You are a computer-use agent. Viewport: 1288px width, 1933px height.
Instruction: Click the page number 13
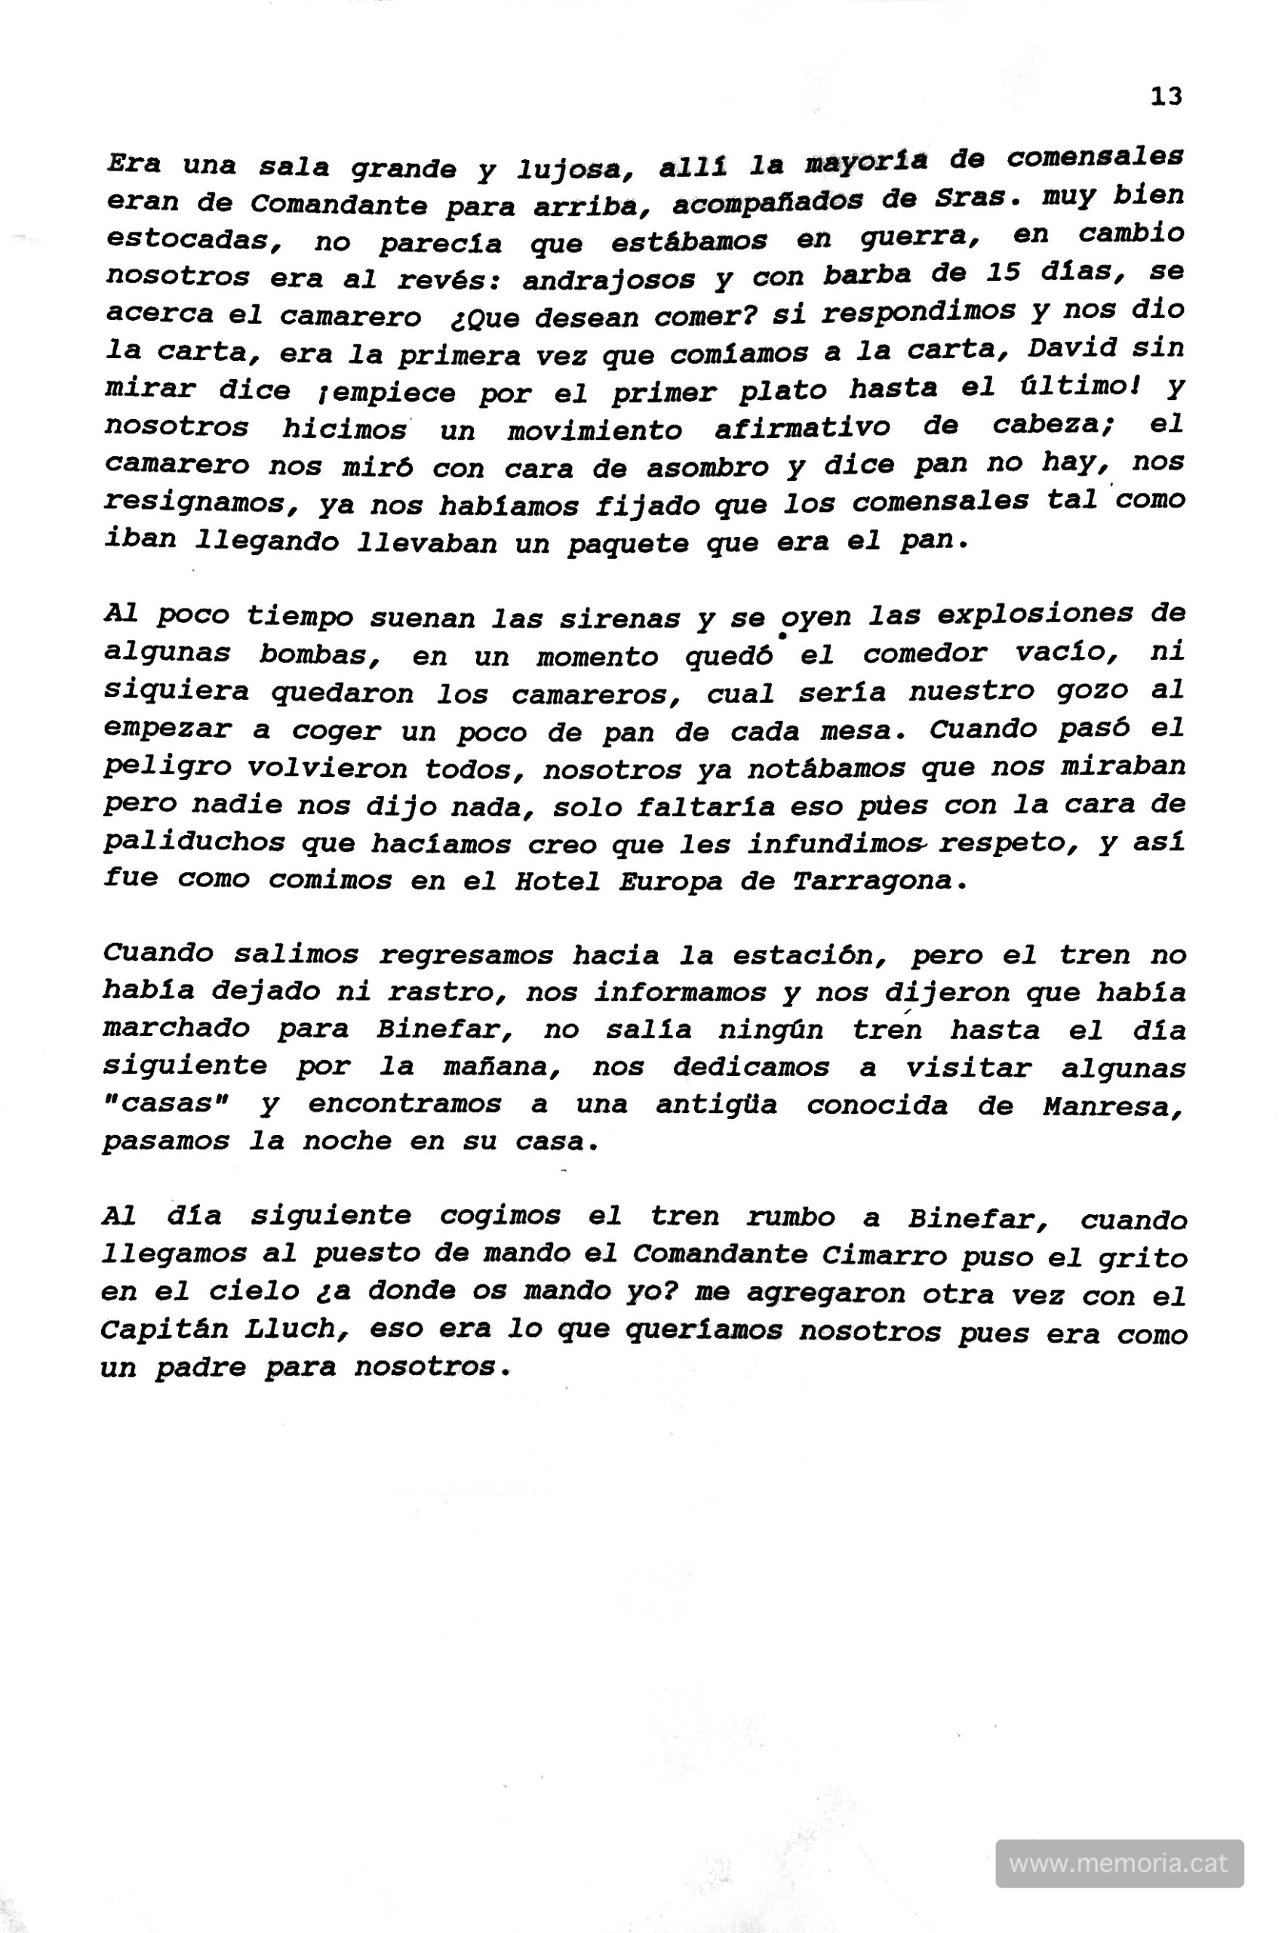pyautogui.click(x=1166, y=97)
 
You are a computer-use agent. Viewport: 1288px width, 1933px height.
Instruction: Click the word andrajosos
pyautogui.click(x=609, y=280)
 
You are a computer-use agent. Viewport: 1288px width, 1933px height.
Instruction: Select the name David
pyautogui.click(x=1072, y=347)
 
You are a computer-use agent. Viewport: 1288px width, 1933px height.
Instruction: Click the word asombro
pyautogui.click(x=705, y=467)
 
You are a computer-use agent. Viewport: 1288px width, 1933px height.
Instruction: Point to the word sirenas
pyautogui.click(x=619, y=619)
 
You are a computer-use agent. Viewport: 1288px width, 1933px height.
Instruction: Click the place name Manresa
pyautogui.click(x=1113, y=1108)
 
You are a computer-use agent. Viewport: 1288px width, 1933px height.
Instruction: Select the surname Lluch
pyautogui.click(x=296, y=1330)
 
